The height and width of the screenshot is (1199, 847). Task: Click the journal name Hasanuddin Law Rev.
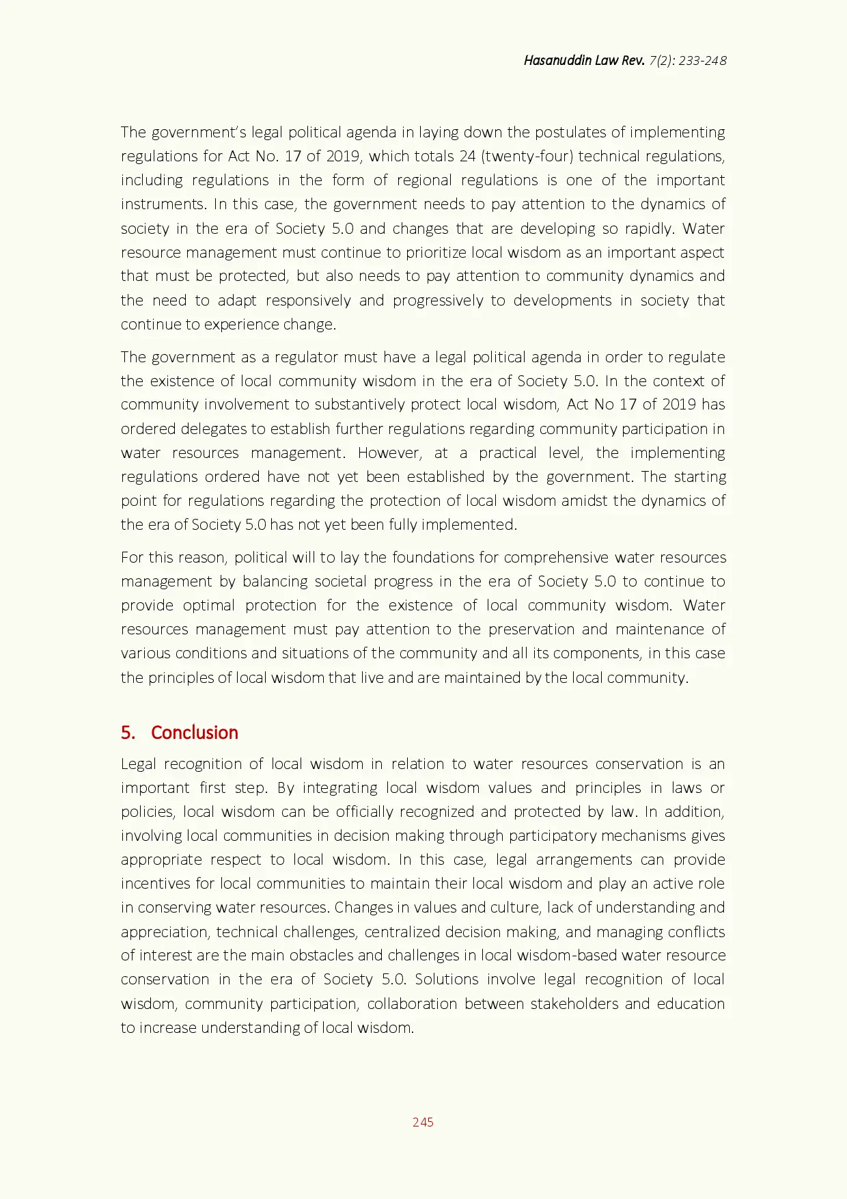coord(584,60)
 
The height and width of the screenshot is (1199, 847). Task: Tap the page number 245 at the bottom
coord(423,1122)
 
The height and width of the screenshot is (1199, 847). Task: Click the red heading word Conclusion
coord(195,732)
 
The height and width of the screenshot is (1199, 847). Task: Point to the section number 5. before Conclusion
coord(128,732)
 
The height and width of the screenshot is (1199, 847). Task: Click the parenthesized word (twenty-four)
coord(527,156)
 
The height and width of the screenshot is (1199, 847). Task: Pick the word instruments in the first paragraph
coord(163,204)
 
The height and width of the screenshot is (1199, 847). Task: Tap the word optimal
coord(209,605)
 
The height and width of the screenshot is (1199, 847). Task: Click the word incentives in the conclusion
coord(155,883)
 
